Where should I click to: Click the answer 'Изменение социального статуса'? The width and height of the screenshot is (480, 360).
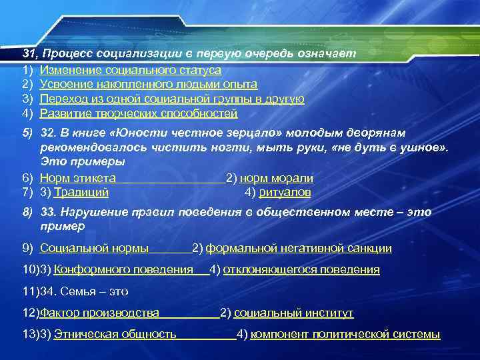[131, 69]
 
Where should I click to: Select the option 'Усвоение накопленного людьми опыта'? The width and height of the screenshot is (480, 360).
[149, 84]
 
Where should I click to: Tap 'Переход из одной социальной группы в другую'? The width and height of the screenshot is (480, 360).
[172, 99]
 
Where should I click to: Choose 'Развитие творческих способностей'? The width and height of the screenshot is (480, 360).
[139, 113]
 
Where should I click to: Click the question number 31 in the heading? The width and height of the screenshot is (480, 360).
[29, 53]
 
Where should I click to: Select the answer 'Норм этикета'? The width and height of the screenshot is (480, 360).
[78, 178]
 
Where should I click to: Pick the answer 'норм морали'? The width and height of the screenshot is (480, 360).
[277, 178]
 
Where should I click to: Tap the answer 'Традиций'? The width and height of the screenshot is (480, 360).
[81, 193]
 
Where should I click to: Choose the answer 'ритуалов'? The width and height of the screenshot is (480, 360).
[285, 193]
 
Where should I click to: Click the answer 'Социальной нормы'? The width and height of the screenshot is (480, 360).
[95, 249]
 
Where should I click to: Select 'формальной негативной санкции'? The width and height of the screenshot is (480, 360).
[299, 249]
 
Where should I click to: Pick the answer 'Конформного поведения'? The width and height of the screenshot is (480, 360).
[123, 270]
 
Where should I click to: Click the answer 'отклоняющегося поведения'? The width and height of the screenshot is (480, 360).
[301, 270]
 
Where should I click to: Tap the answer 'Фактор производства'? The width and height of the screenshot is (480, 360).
[99, 313]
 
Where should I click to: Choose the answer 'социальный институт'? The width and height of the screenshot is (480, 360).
[294, 313]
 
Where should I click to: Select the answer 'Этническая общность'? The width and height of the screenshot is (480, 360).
[115, 334]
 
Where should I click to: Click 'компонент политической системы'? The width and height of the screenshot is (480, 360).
[345, 334]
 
